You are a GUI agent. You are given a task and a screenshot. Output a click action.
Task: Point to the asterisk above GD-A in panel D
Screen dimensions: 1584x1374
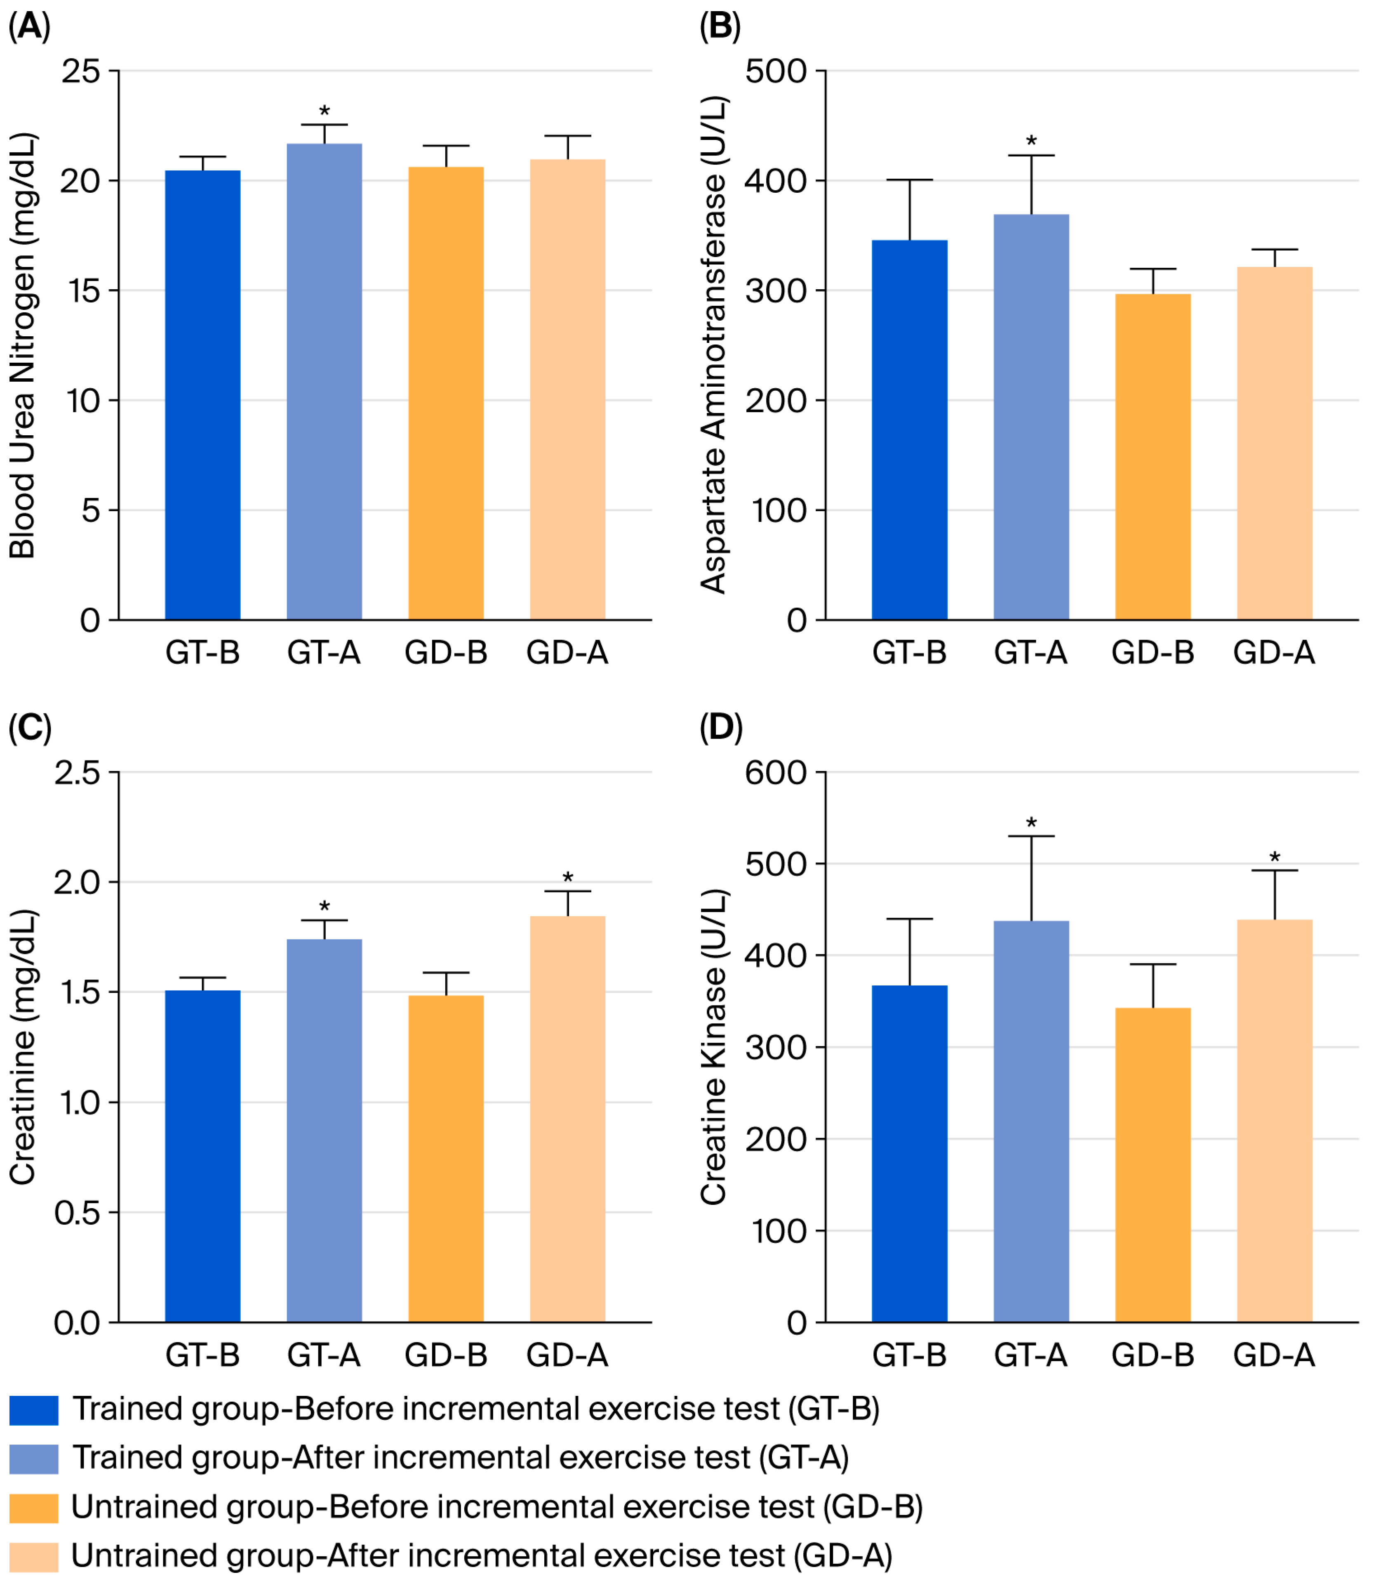tap(1274, 857)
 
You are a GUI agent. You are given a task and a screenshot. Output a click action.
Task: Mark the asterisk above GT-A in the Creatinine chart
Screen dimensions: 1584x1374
tap(325, 906)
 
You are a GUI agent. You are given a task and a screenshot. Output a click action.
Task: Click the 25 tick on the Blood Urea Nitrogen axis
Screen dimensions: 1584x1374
tap(81, 71)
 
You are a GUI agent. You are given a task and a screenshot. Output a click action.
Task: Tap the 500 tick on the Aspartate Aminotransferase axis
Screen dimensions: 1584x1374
tap(776, 71)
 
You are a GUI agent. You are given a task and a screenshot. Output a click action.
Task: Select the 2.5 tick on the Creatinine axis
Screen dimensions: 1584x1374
tap(77, 772)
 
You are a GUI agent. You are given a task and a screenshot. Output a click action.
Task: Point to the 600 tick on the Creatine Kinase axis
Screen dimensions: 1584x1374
tap(776, 772)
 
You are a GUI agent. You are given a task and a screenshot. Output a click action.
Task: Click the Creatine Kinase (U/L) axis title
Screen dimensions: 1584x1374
tap(713, 1047)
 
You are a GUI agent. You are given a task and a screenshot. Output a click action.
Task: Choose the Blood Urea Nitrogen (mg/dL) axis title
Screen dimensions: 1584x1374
tap(23, 345)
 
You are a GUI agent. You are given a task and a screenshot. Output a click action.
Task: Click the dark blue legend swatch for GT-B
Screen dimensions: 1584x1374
tap(34, 1410)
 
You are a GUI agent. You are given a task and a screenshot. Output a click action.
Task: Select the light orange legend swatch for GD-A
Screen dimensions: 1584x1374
tap(34, 1557)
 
